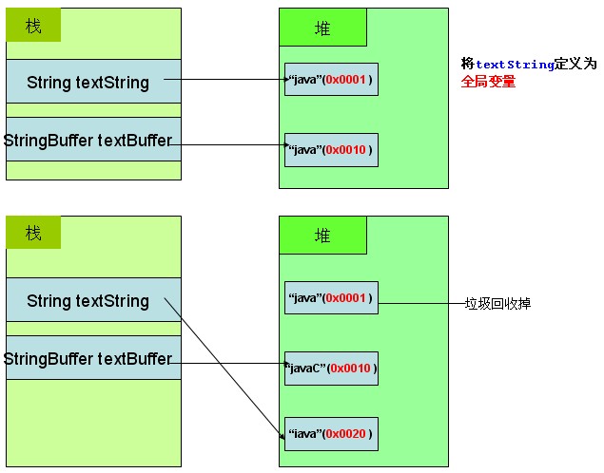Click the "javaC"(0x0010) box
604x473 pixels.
331,368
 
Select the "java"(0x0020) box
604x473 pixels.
331,434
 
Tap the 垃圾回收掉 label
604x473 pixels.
497,304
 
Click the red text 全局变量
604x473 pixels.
489,82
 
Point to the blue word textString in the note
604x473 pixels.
515,65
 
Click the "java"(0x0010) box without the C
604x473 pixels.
331,149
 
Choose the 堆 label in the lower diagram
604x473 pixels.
322,236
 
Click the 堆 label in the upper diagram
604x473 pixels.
322,28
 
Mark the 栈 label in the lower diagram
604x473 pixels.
33,233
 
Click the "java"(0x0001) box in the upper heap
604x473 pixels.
331,80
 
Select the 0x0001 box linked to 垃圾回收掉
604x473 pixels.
331,298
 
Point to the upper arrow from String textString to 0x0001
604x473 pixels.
233,81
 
